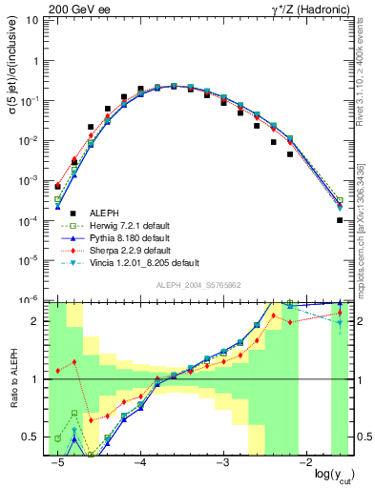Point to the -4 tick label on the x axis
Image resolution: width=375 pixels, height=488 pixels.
(139, 463)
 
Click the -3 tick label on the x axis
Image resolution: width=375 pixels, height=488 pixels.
(222, 463)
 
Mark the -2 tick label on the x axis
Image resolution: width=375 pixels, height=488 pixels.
(305, 463)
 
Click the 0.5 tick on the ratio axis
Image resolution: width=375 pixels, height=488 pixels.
(36, 437)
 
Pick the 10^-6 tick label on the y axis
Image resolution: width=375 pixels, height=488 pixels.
(31, 299)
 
